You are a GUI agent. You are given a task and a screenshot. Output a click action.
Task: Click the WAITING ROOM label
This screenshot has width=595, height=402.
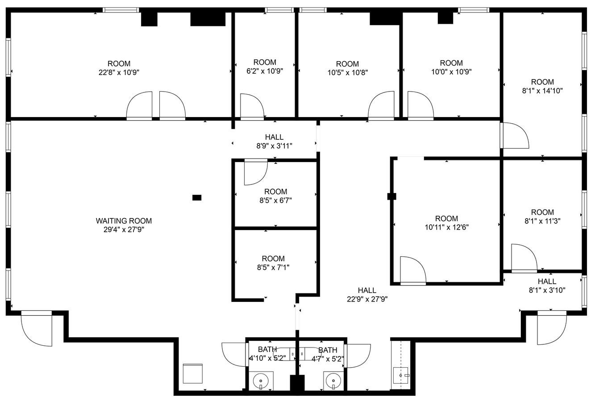(x=124, y=221)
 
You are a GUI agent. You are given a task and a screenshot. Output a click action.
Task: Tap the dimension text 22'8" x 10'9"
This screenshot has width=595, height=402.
(x=119, y=72)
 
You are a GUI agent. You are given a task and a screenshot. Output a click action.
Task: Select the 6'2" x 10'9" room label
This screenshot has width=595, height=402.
(x=265, y=71)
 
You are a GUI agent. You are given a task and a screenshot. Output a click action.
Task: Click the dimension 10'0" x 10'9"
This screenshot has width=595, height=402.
(x=451, y=71)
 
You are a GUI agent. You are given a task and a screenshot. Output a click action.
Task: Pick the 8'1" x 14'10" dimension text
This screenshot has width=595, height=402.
(x=542, y=90)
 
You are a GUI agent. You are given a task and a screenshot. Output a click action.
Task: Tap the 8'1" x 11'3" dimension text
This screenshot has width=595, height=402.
(x=542, y=221)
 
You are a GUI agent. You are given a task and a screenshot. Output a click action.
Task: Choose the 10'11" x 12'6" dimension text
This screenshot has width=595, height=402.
(x=446, y=227)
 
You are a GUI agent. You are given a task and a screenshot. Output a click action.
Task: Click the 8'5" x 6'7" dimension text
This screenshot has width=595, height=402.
(x=275, y=201)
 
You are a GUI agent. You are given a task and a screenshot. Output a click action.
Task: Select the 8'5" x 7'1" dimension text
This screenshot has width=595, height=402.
(x=273, y=267)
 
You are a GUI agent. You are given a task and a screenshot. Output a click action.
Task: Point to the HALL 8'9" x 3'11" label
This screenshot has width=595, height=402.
(x=274, y=141)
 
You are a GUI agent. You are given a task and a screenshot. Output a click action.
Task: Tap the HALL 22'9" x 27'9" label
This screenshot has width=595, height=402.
(x=367, y=295)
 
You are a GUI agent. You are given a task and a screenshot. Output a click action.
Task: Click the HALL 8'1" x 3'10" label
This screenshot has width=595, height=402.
(x=547, y=285)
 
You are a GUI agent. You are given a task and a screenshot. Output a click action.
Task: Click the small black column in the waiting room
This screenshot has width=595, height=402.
(x=196, y=197)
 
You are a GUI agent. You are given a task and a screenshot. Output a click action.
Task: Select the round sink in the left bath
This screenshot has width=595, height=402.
(x=260, y=381)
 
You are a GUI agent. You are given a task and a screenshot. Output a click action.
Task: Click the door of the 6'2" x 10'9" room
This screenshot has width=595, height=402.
(x=251, y=106)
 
